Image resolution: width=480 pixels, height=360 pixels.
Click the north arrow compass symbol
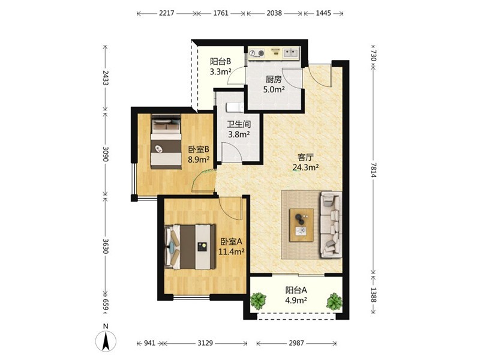(x=106, y=341)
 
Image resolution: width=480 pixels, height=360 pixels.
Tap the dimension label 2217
(x=167, y=13)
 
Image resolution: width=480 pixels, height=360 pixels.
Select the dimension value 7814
(x=373, y=170)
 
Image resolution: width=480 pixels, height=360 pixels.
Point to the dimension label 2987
(x=296, y=343)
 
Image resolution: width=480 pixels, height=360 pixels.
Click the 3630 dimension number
(x=106, y=246)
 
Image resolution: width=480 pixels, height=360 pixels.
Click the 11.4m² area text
(x=231, y=251)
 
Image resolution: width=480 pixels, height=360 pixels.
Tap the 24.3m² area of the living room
(x=306, y=167)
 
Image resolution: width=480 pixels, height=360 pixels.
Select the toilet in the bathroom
(x=235, y=107)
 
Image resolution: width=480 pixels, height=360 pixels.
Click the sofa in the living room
(x=331, y=224)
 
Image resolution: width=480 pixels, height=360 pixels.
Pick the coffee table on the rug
(x=302, y=225)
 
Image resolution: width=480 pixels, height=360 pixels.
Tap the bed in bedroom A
(x=190, y=247)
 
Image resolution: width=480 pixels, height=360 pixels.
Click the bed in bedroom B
(x=166, y=141)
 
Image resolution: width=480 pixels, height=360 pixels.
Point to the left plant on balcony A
(x=259, y=301)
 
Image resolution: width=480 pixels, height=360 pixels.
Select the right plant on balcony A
(x=334, y=301)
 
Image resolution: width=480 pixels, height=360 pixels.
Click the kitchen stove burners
(x=257, y=53)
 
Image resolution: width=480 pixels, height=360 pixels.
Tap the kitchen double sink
(x=290, y=53)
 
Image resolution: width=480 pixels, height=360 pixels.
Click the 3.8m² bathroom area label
(x=239, y=134)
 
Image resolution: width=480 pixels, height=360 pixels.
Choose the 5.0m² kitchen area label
(x=274, y=89)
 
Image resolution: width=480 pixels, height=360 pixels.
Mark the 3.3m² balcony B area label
(x=220, y=71)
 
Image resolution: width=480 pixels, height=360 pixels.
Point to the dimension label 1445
(x=323, y=13)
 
